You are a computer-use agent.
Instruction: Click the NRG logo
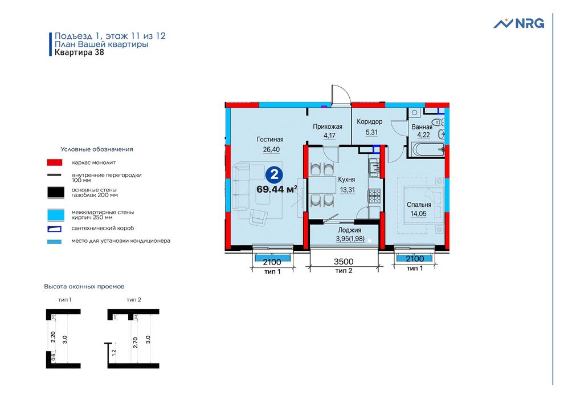pos(518,23)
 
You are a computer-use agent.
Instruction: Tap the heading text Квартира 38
pos(79,54)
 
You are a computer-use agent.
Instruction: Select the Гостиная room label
pos(270,140)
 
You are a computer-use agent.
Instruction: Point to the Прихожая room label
pos(327,127)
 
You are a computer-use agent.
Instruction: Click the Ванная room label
pos(422,127)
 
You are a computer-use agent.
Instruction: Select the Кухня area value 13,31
pos(347,190)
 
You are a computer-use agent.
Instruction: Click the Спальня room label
pos(419,205)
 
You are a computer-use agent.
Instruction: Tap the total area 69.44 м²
pos(277,189)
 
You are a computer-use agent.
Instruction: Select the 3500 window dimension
pos(344,262)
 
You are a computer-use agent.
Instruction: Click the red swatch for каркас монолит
pos(55,162)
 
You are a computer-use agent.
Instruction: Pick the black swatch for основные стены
pos(55,192)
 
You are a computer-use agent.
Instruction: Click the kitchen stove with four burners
pos(374,196)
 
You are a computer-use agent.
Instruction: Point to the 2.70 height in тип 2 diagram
pos(135,342)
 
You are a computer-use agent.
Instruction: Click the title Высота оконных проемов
pos(84,286)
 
